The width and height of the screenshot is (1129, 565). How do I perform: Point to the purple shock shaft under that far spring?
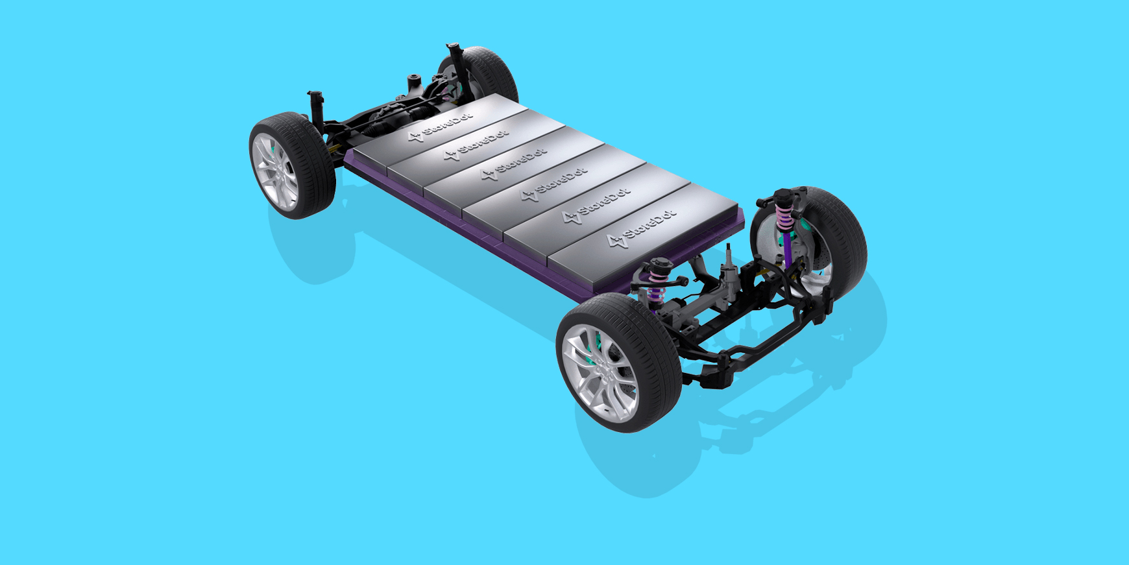[787, 249]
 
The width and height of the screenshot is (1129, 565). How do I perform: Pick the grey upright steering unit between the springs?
[730, 272]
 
